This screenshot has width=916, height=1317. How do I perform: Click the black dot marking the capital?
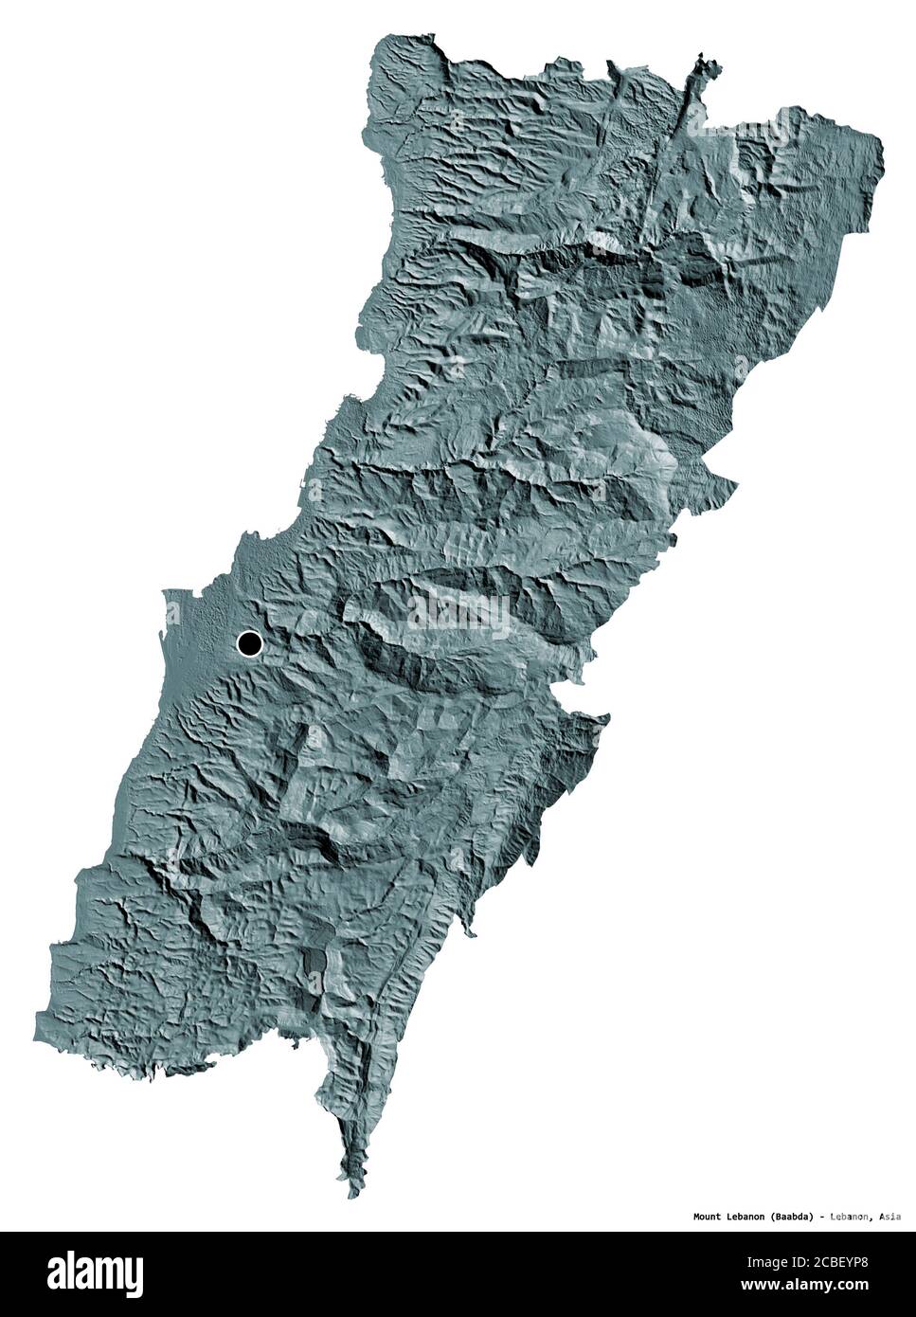[249, 644]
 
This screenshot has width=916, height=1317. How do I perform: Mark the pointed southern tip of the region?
[351, 1196]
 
